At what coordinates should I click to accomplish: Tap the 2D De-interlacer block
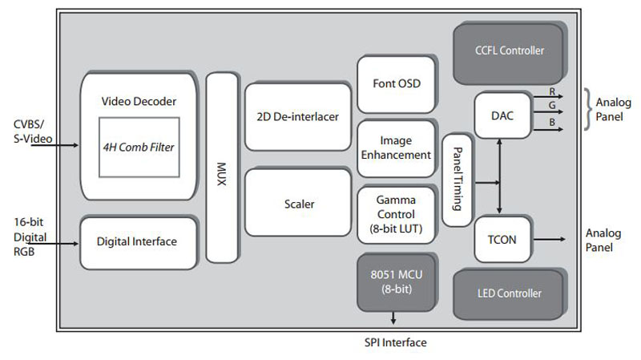tap(297, 116)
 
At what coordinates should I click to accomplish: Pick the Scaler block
tap(298, 204)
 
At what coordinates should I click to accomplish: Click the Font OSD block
tap(396, 83)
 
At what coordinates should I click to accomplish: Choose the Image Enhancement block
tap(396, 148)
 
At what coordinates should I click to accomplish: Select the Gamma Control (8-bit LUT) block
tap(396, 215)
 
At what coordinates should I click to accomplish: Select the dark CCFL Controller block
tap(510, 51)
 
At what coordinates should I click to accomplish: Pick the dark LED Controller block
tap(510, 293)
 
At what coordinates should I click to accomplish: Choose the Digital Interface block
tap(137, 241)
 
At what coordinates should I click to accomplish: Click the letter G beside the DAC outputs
tap(552, 105)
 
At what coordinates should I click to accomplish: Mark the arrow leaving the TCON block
tap(553, 238)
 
